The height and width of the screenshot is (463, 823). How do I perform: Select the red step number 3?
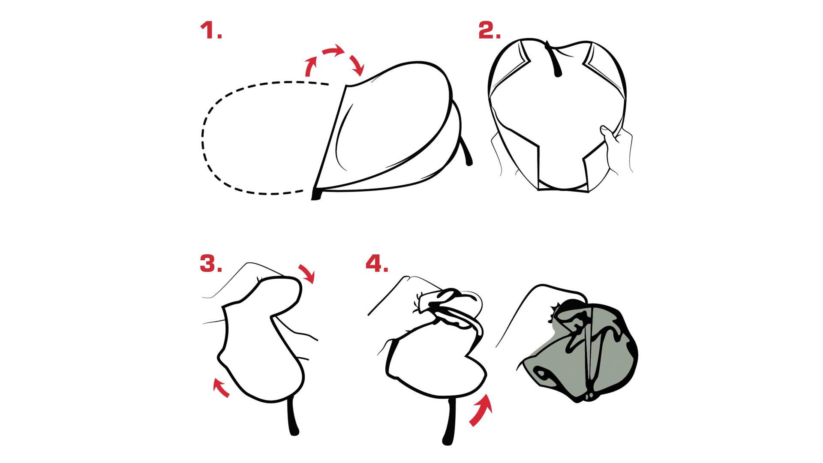pos(211,264)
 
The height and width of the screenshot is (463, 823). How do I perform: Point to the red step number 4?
pos(377,264)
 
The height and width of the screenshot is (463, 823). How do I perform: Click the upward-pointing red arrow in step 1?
pos(311,66)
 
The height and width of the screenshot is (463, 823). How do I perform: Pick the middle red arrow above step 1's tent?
pos(333,50)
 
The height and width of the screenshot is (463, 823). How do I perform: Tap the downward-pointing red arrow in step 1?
pos(357,64)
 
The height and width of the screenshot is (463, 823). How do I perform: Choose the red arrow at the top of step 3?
pos(306,274)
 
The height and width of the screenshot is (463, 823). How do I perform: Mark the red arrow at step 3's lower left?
pos(221,387)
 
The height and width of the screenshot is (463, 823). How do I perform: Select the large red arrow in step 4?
pos(481,409)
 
